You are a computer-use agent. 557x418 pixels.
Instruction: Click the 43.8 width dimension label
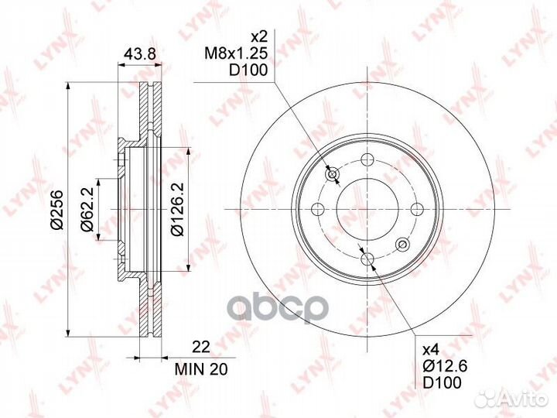click(140, 54)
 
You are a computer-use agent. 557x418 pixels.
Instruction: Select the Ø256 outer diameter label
click(56, 210)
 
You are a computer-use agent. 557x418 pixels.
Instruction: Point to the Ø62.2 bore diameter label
click(87, 210)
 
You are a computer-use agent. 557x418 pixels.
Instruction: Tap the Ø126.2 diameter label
click(177, 209)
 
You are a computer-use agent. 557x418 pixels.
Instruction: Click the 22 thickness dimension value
click(201, 347)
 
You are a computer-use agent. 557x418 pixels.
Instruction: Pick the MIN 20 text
click(201, 369)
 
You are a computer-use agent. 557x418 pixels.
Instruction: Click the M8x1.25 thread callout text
click(236, 53)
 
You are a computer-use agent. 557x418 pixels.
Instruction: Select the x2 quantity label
click(258, 36)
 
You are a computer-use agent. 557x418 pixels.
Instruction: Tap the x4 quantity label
click(431, 350)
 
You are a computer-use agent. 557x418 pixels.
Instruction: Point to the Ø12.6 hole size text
click(445, 365)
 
